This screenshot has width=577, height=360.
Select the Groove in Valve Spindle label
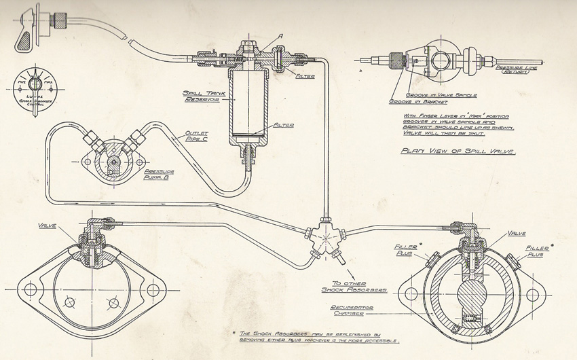435,95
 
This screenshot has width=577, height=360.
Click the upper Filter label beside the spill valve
305,76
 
